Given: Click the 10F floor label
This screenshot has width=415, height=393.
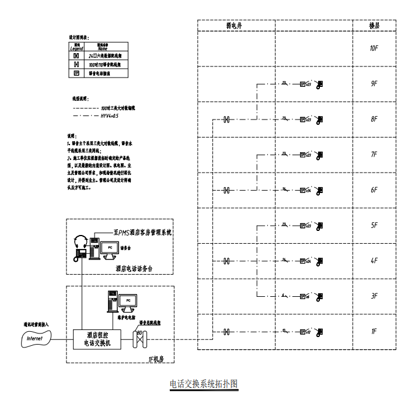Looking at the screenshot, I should click(374, 48).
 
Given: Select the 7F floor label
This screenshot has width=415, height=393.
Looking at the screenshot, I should click(374, 155).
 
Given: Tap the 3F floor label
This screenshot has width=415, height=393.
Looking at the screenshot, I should click(374, 297).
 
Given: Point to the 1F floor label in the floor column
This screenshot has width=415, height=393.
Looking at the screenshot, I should click(374, 332).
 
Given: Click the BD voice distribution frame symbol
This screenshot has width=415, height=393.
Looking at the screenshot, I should click(141, 339).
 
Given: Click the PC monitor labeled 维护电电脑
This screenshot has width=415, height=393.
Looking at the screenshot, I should click(128, 300).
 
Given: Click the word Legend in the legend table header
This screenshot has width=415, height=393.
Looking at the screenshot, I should click(76, 48).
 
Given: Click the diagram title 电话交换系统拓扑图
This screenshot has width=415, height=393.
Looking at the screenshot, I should click(204, 384).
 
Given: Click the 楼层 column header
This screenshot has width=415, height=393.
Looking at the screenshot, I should click(374, 26).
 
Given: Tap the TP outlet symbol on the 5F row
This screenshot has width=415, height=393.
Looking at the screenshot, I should click(302, 226).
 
